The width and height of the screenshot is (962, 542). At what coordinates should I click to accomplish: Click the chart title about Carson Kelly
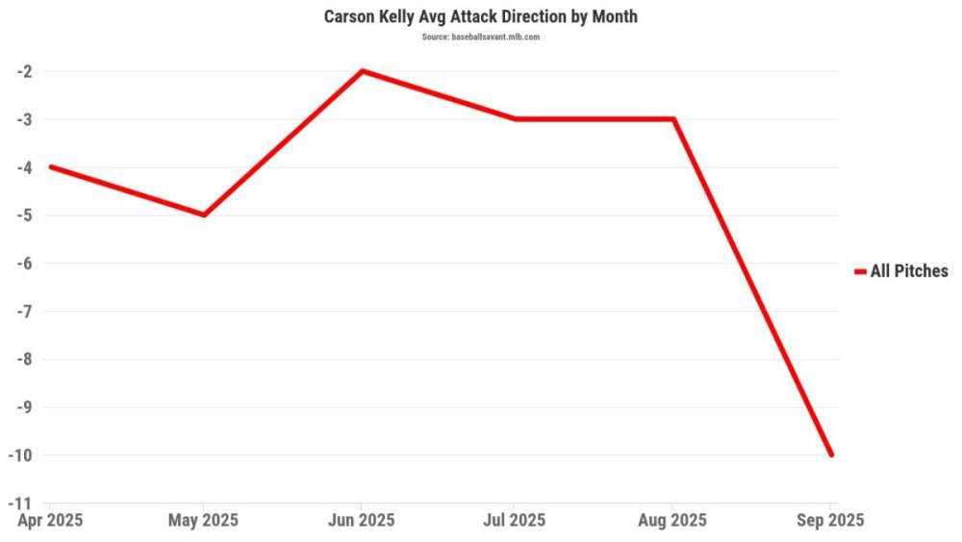[x=481, y=17]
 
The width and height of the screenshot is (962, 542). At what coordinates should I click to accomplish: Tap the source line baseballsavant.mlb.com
[x=481, y=37]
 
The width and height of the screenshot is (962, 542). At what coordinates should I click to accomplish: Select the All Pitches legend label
[x=909, y=271]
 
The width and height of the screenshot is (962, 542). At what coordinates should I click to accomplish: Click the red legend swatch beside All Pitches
[x=860, y=272]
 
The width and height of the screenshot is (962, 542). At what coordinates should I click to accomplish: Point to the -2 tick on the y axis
[x=24, y=71]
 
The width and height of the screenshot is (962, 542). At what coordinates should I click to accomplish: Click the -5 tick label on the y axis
[x=24, y=215]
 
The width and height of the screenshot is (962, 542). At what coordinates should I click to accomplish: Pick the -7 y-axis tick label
[x=24, y=311]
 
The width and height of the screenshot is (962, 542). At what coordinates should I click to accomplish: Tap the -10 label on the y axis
[x=21, y=454]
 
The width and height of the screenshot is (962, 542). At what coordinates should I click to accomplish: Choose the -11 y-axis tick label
[x=21, y=503]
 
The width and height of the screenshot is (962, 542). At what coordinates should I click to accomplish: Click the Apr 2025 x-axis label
[x=51, y=521]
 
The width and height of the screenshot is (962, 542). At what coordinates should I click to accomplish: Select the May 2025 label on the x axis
[x=205, y=521]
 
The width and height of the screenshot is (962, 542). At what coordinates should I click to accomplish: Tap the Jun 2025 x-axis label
[x=362, y=521]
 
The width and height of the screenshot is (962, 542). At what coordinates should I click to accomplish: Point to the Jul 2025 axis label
[x=515, y=521]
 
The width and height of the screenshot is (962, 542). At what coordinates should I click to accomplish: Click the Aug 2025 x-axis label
[x=672, y=521]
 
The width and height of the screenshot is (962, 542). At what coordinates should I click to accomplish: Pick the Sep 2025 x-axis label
[x=830, y=521]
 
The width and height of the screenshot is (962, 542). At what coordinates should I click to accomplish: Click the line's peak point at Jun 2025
[x=362, y=71]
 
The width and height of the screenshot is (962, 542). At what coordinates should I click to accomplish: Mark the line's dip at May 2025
[x=205, y=215]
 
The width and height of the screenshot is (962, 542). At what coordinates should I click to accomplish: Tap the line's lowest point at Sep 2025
[x=831, y=454]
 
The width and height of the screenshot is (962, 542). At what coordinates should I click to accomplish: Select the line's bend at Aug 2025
[x=673, y=119]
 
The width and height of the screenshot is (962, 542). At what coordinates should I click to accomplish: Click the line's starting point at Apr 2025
[x=51, y=167]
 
